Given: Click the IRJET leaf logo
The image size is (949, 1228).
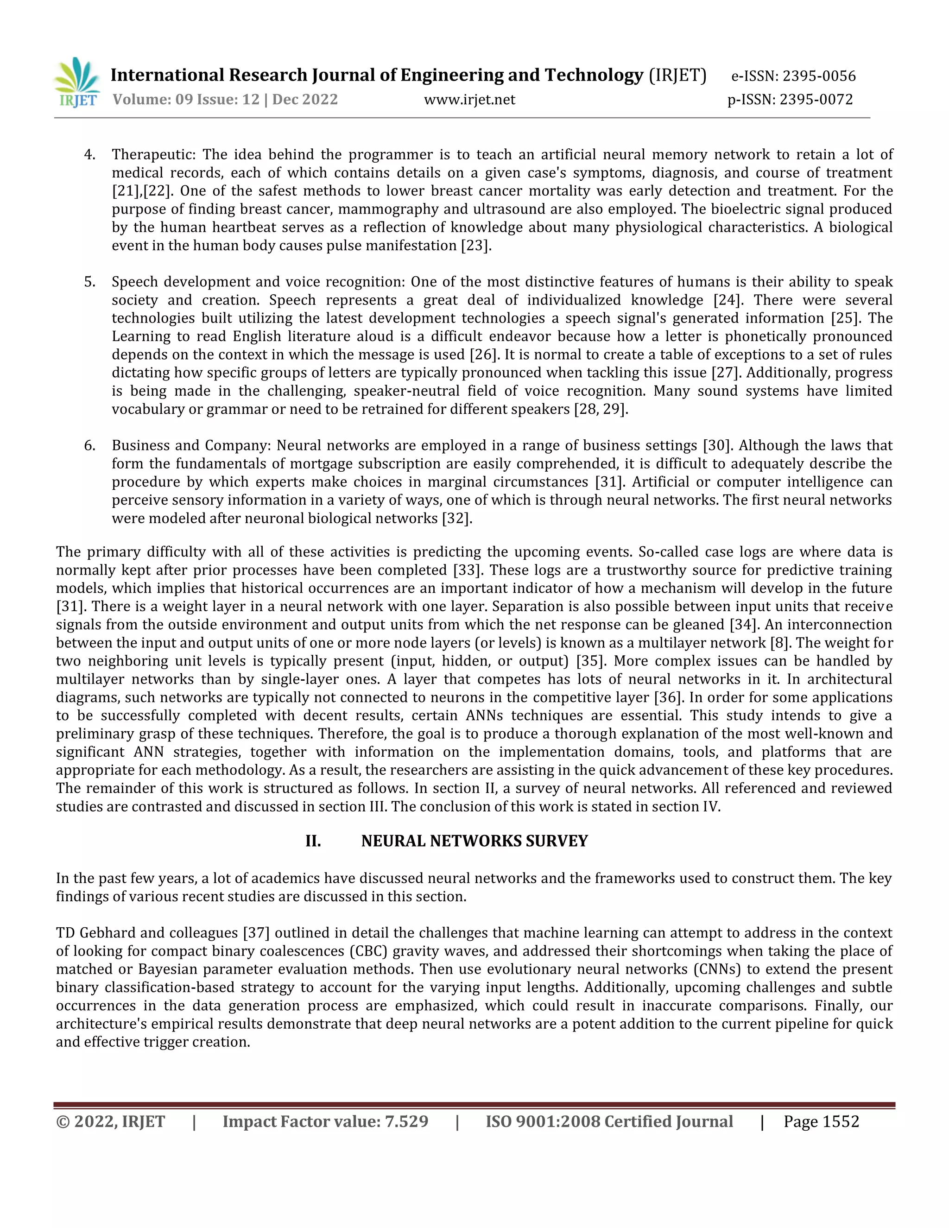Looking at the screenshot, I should [77, 82].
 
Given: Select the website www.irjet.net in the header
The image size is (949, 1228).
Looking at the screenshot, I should [469, 100].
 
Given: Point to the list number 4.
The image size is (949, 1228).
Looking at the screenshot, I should [89, 155].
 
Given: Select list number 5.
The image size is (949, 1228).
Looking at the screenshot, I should [89, 282].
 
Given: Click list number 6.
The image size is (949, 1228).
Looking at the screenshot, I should [89, 445].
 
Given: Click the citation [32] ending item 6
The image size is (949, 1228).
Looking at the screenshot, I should [456, 519].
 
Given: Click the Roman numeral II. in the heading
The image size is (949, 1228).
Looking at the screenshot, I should [313, 841].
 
